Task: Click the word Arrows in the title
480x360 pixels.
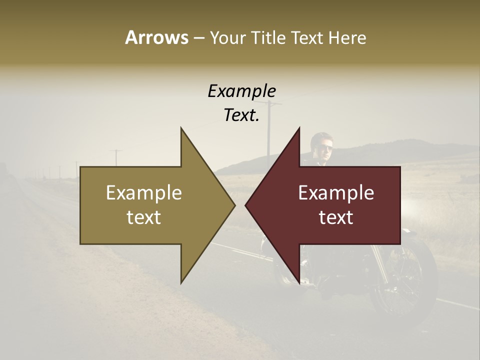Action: click(x=156, y=37)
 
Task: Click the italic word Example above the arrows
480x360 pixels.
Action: click(x=241, y=91)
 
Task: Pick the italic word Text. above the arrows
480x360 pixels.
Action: click(x=241, y=115)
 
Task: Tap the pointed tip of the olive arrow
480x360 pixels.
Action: click(x=233, y=205)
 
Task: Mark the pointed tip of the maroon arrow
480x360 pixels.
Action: click(x=247, y=205)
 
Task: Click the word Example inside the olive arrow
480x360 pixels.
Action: click(x=144, y=193)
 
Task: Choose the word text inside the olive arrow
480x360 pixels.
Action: click(x=144, y=217)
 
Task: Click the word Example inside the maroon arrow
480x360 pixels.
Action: click(x=336, y=193)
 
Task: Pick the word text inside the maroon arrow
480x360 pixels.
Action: click(x=336, y=217)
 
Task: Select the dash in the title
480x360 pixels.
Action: click(x=198, y=38)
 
